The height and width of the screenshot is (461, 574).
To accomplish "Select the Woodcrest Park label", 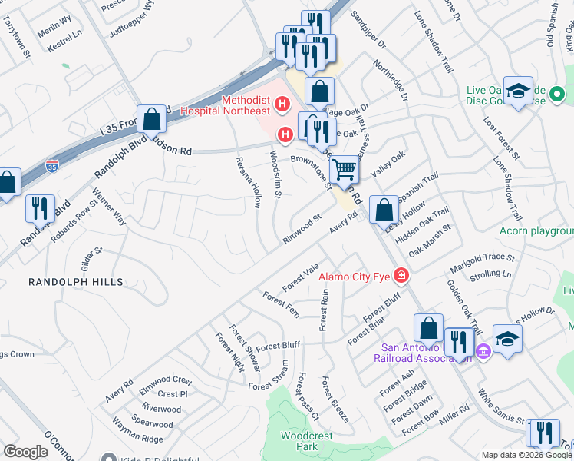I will coord(299,440).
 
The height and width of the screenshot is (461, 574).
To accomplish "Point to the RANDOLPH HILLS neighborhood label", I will coord(75,283).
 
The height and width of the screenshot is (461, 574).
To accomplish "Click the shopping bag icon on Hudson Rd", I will coord(152,120).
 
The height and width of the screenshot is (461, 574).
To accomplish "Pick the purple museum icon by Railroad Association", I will coord(483,352).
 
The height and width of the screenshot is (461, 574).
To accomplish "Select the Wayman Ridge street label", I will coord(137,439).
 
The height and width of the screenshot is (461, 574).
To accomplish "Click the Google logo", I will coord(25,452).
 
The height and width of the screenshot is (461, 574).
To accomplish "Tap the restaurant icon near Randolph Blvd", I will coord(37,208).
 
